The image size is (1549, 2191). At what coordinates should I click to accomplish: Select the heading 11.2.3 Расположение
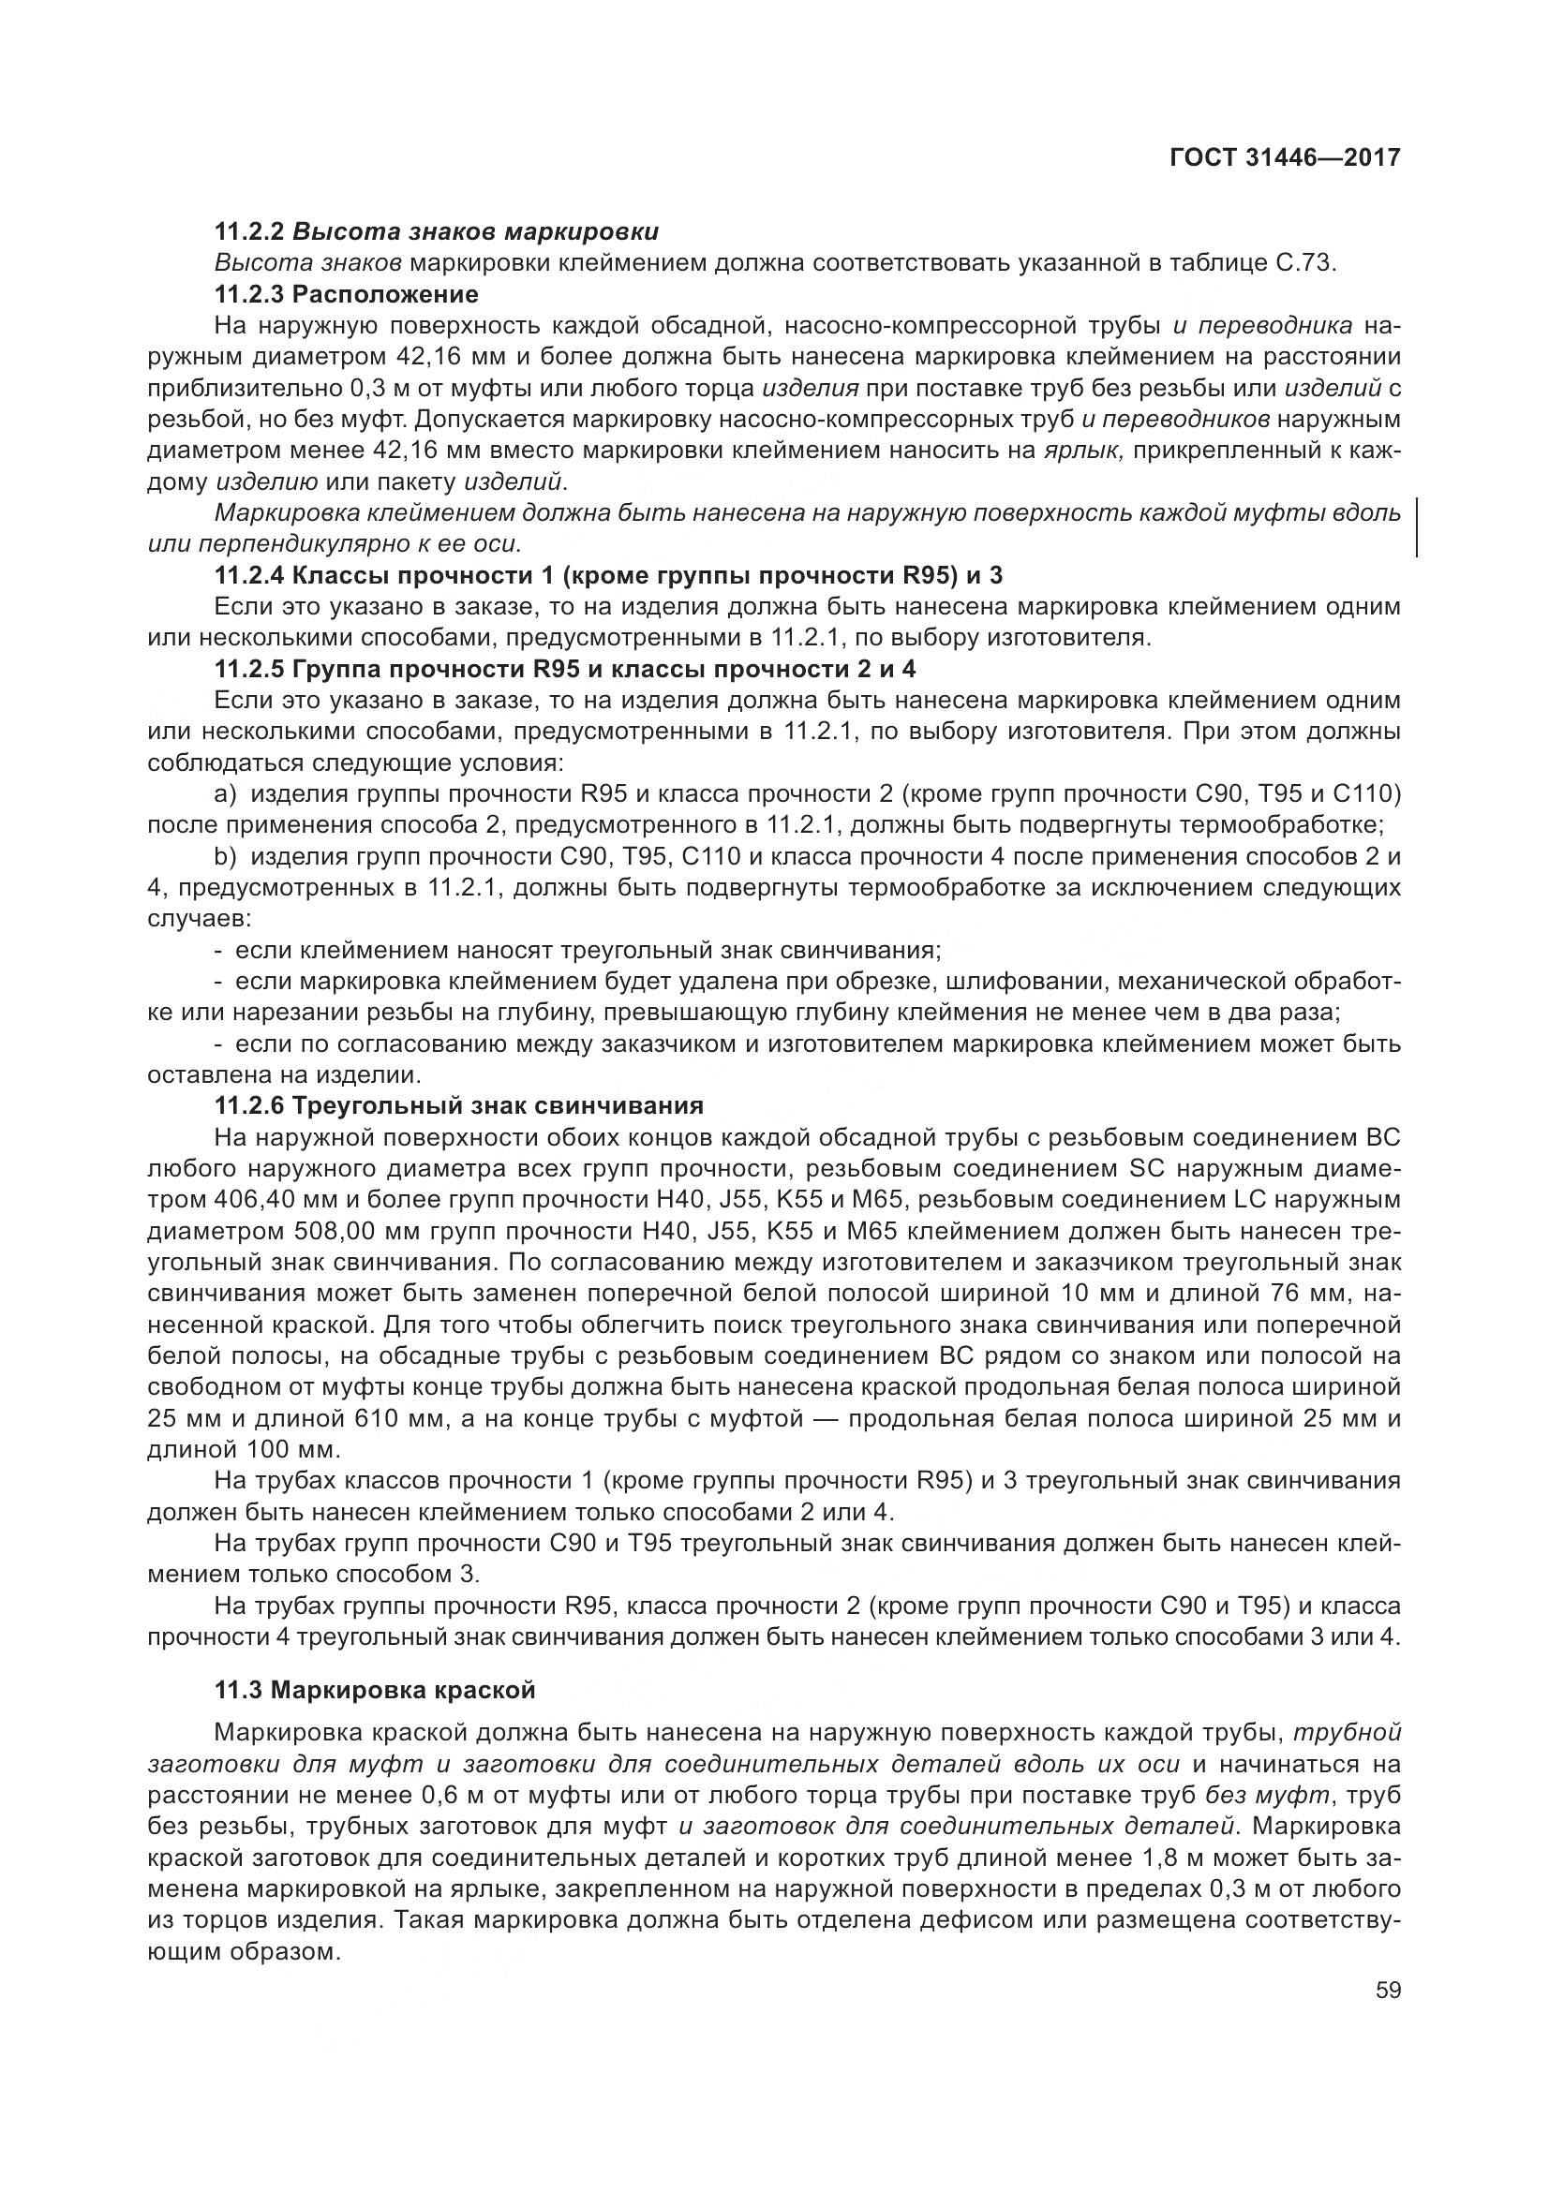pyautogui.click(x=347, y=293)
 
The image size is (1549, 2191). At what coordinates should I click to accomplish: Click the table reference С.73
pyautogui.click(x=1302, y=262)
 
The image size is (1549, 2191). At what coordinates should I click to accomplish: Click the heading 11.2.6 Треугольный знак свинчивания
pyautogui.click(x=459, y=1105)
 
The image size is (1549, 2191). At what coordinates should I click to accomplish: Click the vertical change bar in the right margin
pyautogui.click(x=1416, y=526)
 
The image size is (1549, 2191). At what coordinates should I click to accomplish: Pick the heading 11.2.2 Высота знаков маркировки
pyautogui.click(x=436, y=231)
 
